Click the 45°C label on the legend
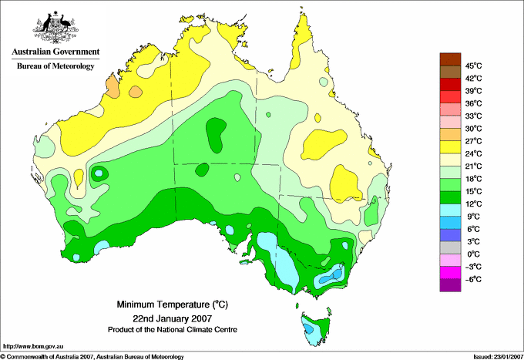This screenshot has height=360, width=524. [x=473, y=66]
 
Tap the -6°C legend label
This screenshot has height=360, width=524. [x=473, y=279]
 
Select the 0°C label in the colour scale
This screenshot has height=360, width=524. [x=473, y=254]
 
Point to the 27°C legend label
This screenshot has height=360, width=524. [x=473, y=141]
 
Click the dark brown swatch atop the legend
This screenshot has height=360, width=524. [x=450, y=59]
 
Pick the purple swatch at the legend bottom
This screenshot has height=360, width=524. [x=450, y=285]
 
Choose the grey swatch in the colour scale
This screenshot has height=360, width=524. [x=450, y=247]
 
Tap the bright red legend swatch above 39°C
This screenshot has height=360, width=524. [x=450, y=84]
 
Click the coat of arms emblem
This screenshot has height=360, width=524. [x=55, y=27]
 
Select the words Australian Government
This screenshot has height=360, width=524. [x=55, y=52]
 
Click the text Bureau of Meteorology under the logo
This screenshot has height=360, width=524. [x=55, y=66]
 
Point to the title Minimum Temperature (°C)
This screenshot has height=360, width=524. [x=172, y=304]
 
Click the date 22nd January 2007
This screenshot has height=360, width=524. [x=172, y=318]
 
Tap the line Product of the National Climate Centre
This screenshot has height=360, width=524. [x=173, y=330]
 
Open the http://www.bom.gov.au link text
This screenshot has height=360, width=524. [x=33, y=347]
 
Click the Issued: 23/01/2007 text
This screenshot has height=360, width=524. [x=498, y=357]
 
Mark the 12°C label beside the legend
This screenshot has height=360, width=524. [x=473, y=204]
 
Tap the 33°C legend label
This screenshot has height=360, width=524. [x=473, y=116]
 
